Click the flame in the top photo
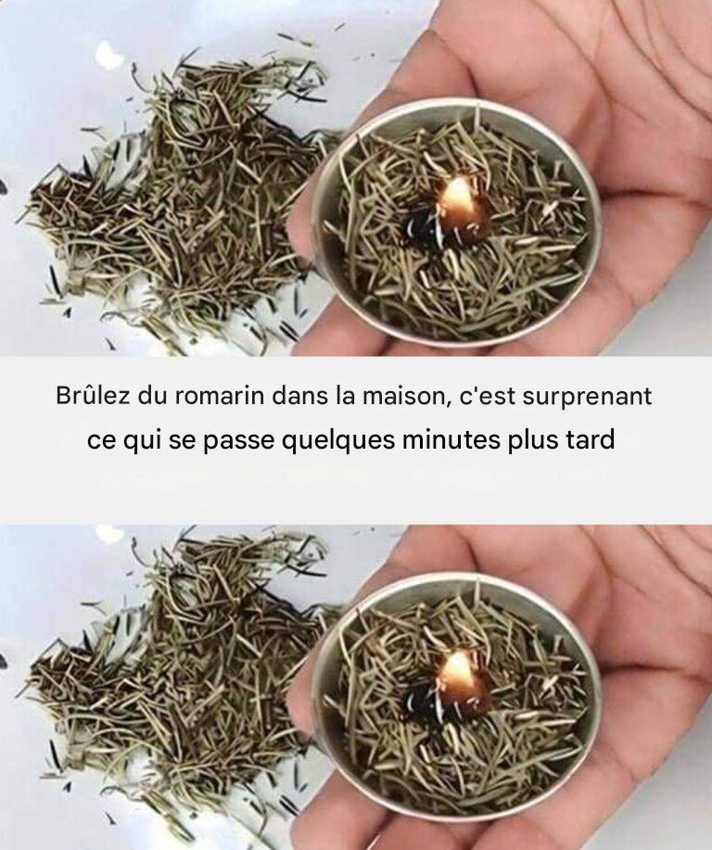point(458,202)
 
